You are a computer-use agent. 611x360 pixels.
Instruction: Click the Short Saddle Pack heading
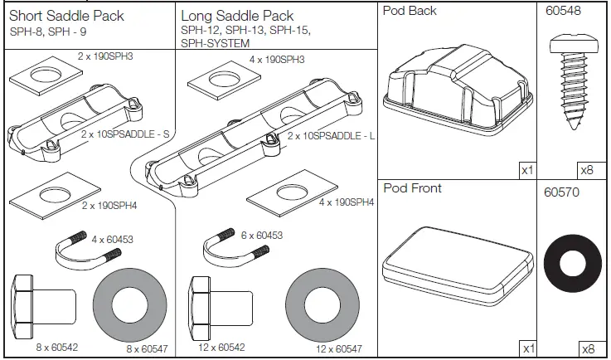tap(66, 15)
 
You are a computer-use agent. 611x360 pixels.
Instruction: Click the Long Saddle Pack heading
tap(237, 16)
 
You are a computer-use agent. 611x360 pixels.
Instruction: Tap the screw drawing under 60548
tap(574, 84)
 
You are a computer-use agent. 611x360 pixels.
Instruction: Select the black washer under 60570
tap(574, 263)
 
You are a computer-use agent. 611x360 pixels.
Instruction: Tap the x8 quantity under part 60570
tap(587, 349)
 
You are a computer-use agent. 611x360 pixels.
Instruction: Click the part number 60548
tap(563, 12)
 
